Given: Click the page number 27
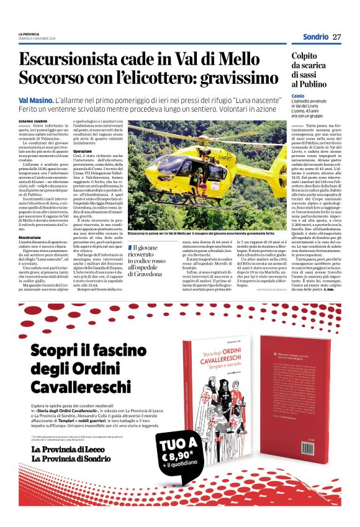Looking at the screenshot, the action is [336, 37].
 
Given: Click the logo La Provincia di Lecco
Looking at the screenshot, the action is [69, 449].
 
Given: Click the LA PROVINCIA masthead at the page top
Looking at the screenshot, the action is [30, 34].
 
